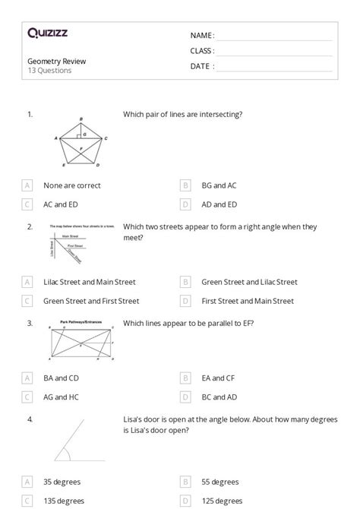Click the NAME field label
click(202, 35)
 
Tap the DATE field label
click(202, 66)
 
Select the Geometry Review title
click(56, 61)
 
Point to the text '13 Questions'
click(49, 71)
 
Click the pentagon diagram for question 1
click(81, 143)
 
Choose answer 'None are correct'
click(72, 185)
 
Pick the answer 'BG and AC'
click(219, 185)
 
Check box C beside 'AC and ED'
click(27, 204)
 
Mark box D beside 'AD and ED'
click(185, 204)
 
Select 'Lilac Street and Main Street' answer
click(90, 282)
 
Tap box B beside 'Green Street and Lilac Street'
click(185, 282)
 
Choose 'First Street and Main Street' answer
click(248, 301)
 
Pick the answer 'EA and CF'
click(219, 378)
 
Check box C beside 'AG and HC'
click(27, 397)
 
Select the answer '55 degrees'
click(219, 482)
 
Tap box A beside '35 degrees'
click(27, 482)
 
